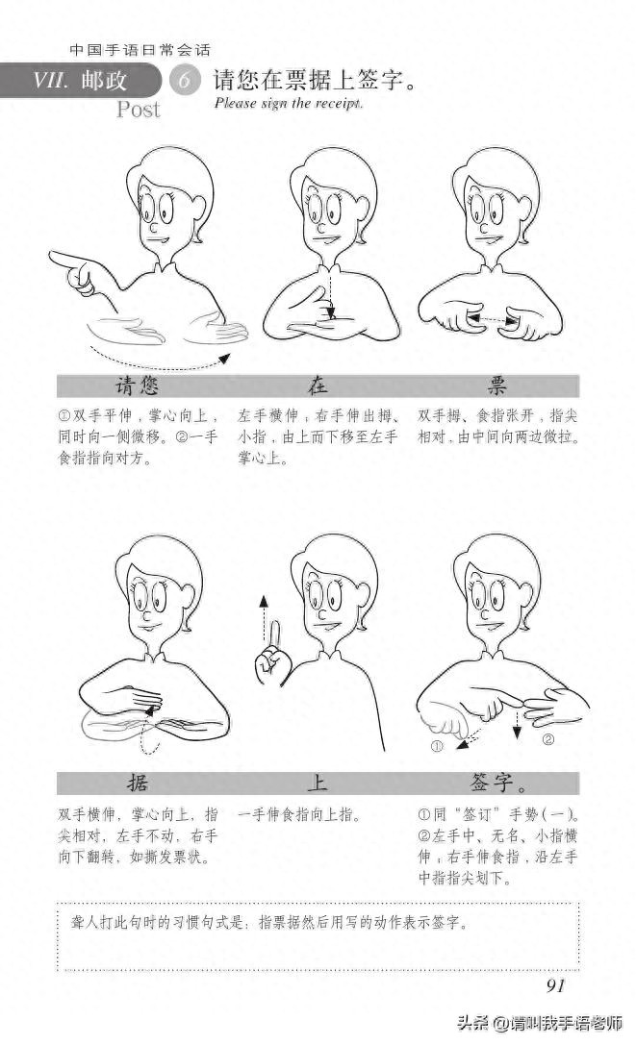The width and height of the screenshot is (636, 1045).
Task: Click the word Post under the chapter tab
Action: point(138,109)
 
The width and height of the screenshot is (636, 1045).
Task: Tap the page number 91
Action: point(555,985)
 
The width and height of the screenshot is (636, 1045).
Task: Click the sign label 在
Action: point(318,386)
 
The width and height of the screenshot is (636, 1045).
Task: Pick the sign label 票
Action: point(496,386)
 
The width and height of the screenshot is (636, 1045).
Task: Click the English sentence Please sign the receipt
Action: point(289,103)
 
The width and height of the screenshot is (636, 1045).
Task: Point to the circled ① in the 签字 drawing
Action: point(437,746)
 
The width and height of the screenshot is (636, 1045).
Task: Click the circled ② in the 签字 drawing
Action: point(548,739)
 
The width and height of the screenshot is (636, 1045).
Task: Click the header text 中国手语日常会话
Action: point(140,50)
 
